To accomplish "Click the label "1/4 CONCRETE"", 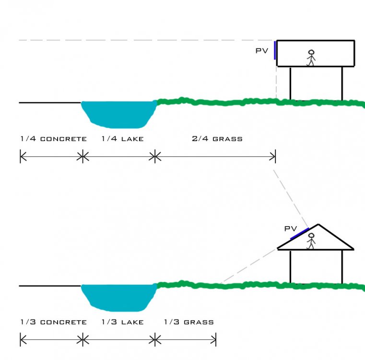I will pyautogui.click(x=53, y=139).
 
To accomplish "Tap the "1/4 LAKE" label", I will pyautogui.click(x=123, y=139).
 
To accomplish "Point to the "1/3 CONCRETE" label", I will pyautogui.click(x=53, y=322).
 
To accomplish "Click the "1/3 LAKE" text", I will pyautogui.click(x=123, y=322).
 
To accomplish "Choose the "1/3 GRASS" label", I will pyautogui.click(x=188, y=322).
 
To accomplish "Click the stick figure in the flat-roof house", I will pyautogui.click(x=311, y=58).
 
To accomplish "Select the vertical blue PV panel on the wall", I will pyautogui.click(x=275, y=50).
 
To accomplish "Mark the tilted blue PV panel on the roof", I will pyautogui.click(x=300, y=233).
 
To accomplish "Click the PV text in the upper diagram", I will pyautogui.click(x=261, y=50).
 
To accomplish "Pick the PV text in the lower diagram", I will pyautogui.click(x=290, y=229).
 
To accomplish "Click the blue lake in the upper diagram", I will pyautogui.click(x=118, y=113).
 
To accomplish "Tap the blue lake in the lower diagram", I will pyautogui.click(x=118, y=296).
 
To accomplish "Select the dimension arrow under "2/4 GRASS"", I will pyautogui.click(x=215, y=156).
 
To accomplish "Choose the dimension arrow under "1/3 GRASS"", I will pyautogui.click(x=186, y=340).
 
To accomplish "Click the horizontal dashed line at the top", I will pyautogui.click(x=144, y=40).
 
